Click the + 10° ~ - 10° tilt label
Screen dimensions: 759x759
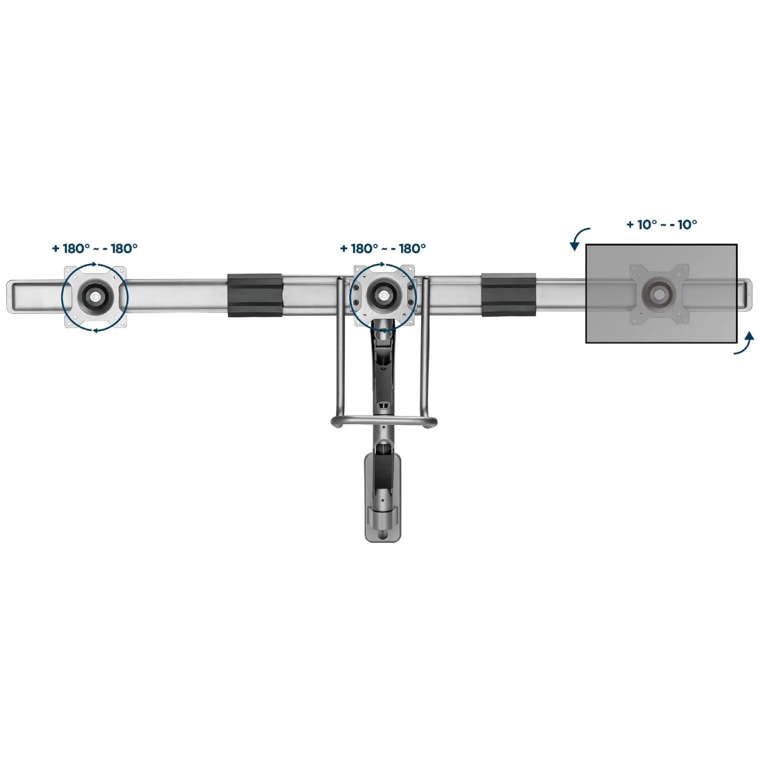tap(661, 224)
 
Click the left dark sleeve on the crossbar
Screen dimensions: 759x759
tap(254, 295)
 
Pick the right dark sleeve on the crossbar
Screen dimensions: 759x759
tap(509, 294)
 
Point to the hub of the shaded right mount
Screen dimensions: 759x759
tap(659, 293)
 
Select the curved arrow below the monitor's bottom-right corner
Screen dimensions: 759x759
tap(745, 344)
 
